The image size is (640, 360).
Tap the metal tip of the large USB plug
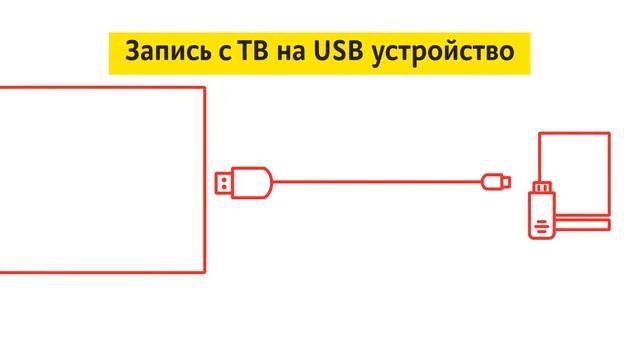[224, 182]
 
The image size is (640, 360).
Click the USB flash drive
[541, 209]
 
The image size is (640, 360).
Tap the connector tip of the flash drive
[545, 187]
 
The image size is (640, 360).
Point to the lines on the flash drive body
[540, 225]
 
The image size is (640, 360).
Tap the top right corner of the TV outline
[205, 88]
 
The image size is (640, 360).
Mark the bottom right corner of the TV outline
[205, 271]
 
